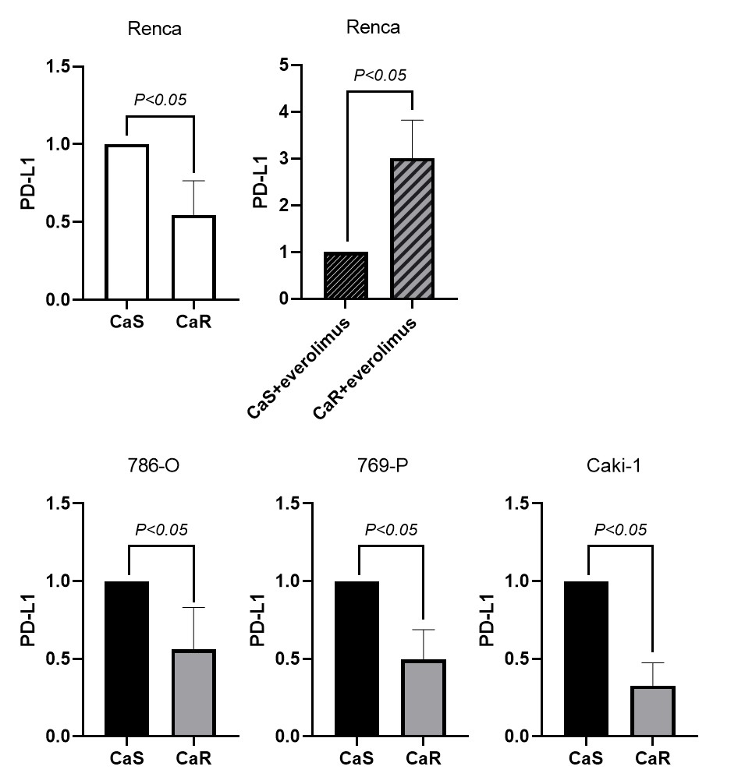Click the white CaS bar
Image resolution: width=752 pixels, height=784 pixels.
point(126,222)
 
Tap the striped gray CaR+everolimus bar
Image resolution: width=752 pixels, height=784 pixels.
point(412,229)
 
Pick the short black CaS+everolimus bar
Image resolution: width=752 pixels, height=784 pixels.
point(346,276)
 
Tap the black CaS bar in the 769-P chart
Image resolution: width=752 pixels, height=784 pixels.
point(356,659)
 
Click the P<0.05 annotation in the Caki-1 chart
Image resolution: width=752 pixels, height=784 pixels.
point(620,530)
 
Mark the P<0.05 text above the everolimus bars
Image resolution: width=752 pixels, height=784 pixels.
point(380,76)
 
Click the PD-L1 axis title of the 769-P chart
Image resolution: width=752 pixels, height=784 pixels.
point(257,620)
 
